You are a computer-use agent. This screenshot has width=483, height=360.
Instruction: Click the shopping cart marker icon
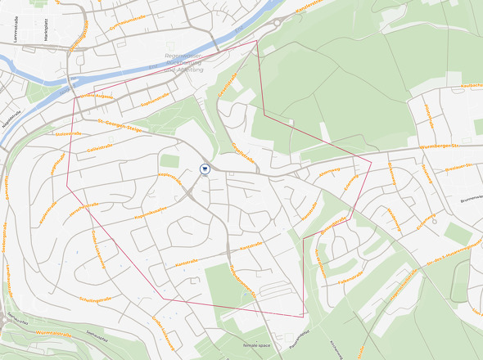tap(205, 169)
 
